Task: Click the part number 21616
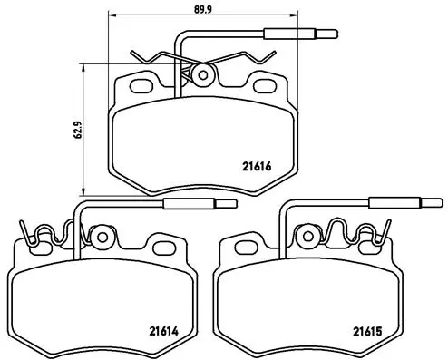(x=258, y=165)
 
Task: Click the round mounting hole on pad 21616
(x=203, y=73)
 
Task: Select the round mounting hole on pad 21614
(x=102, y=238)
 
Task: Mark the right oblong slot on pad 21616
(x=265, y=87)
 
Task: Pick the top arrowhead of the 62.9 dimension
(x=84, y=65)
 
